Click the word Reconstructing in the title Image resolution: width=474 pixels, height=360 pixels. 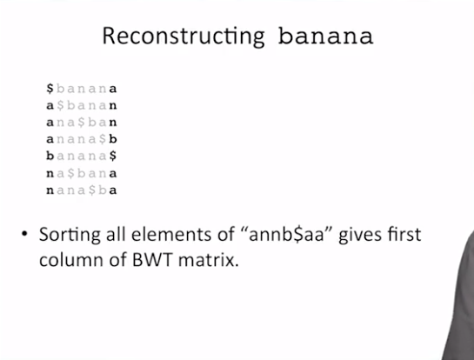184,37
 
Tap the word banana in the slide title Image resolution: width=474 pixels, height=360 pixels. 325,37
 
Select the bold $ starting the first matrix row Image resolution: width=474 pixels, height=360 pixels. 50,89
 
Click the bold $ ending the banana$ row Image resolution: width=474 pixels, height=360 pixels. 113,156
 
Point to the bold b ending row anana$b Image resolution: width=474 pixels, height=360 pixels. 113,139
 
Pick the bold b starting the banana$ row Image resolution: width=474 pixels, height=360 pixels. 50,156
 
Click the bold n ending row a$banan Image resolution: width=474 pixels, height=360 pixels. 113,106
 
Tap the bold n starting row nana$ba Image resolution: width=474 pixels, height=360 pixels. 50,190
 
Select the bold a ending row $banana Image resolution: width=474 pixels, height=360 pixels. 113,89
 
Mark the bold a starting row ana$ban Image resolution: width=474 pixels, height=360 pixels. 50,123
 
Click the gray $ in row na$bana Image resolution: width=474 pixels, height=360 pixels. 70,173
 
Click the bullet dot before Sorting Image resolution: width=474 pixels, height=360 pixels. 24,234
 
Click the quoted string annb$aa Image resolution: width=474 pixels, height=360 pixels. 286,235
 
